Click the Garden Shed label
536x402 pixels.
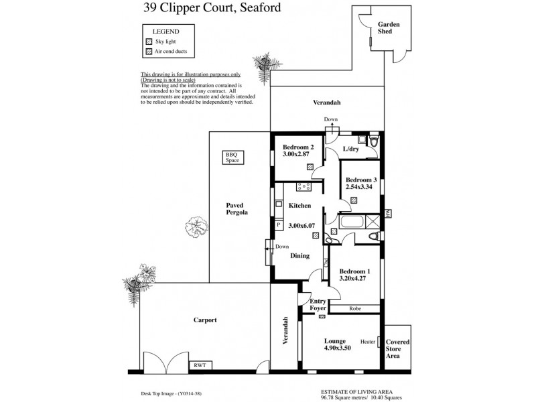(x=389, y=29)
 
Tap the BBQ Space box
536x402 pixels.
(x=232, y=158)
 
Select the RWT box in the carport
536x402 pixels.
(x=200, y=365)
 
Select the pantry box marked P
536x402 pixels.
(x=279, y=226)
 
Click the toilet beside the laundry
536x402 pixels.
(x=373, y=141)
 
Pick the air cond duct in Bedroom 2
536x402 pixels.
(x=310, y=167)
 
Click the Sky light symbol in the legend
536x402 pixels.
(x=149, y=41)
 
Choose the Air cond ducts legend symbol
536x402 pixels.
(x=149, y=52)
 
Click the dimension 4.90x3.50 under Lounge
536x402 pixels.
(x=336, y=348)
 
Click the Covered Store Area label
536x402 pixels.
(x=398, y=349)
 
